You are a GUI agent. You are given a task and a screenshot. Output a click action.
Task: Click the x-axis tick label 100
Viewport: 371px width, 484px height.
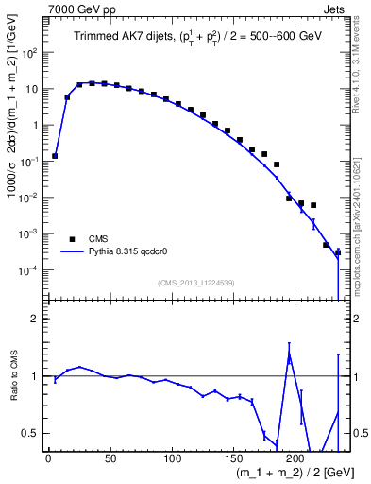172,459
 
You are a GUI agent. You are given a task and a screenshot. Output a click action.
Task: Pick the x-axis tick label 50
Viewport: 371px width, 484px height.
110,459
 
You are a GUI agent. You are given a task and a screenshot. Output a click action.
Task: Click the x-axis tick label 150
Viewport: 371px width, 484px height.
234,459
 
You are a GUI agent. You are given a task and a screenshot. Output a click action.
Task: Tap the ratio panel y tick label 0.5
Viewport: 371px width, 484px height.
30,433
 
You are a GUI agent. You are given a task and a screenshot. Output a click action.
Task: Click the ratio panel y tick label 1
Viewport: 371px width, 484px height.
35,376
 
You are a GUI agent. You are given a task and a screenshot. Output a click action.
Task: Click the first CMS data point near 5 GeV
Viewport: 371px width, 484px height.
55,156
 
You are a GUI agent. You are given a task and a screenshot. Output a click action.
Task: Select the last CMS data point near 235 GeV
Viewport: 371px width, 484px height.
337,252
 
